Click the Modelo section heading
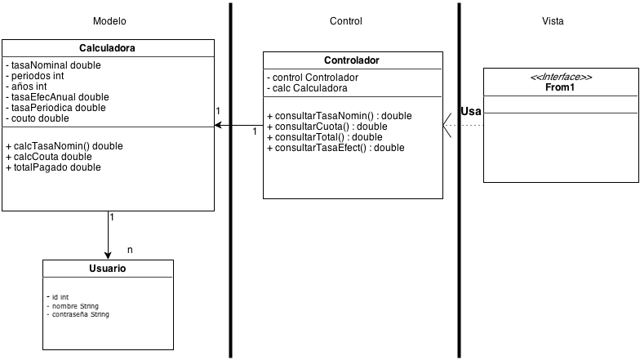(x=109, y=21)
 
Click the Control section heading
(x=345, y=21)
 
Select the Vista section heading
(x=553, y=21)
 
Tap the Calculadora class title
(x=107, y=48)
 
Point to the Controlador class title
(x=351, y=60)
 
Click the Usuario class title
(x=107, y=269)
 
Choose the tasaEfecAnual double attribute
(x=60, y=96)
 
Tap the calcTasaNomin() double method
(x=64, y=146)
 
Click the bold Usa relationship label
(x=470, y=112)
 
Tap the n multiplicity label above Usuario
(x=131, y=249)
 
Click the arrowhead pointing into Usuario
(x=108, y=254)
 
